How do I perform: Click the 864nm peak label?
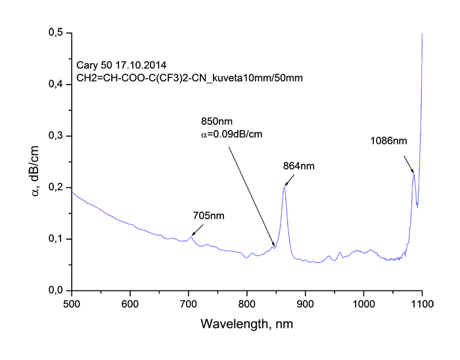pos(298,167)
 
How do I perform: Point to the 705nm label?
pos(207,215)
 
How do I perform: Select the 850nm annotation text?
pos(217,122)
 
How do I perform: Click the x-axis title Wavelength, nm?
pos(246,325)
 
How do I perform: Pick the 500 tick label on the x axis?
pos(72,303)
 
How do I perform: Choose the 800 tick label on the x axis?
pos(247,303)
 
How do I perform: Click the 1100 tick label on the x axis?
pos(421,303)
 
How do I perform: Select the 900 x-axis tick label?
pos(305,303)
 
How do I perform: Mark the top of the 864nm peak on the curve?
pos(285,188)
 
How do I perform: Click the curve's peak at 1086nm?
pos(414,174)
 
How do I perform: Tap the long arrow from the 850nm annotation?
pos(251,191)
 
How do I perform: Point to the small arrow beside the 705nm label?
pos(196,229)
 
